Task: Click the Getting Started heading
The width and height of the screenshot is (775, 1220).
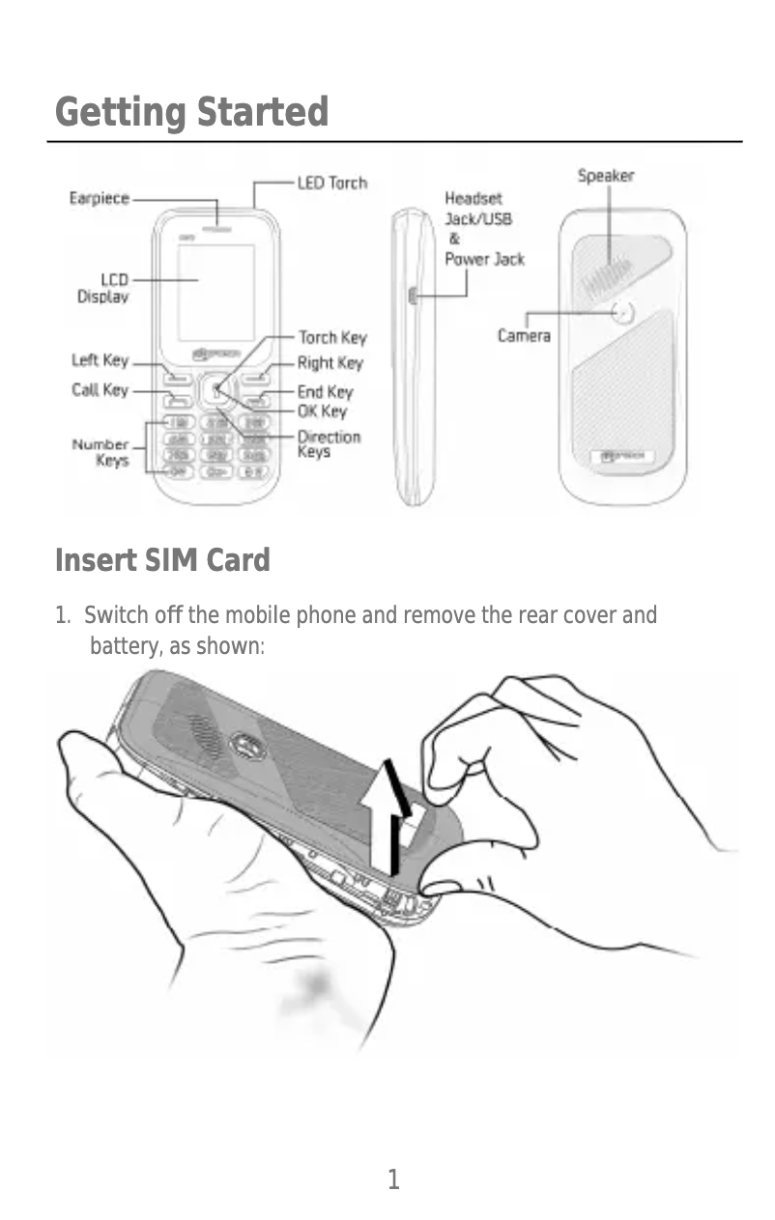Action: (x=191, y=112)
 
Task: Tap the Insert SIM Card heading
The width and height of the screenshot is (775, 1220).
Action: (x=162, y=560)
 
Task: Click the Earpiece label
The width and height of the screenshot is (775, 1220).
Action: (x=99, y=198)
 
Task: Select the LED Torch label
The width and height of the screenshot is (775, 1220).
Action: (x=331, y=183)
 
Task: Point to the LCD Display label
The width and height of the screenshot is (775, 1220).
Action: (x=102, y=288)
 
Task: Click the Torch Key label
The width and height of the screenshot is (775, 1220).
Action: (x=331, y=337)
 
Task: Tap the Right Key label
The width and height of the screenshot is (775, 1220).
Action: (x=330, y=363)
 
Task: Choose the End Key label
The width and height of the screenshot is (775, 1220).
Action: (x=325, y=392)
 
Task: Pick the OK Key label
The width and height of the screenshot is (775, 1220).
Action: (x=321, y=411)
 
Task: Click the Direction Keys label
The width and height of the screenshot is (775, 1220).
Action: (x=328, y=444)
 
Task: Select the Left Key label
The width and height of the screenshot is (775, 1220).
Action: (x=100, y=360)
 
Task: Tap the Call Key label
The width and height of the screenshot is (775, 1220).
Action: (x=100, y=390)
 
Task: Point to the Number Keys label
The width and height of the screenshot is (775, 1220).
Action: (x=101, y=452)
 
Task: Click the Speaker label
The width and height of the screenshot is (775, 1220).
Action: (x=606, y=176)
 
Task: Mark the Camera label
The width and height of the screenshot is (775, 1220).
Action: (x=524, y=336)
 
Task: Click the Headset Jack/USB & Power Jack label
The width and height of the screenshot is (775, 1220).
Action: (x=483, y=229)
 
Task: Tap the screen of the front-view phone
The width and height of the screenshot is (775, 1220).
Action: (x=215, y=292)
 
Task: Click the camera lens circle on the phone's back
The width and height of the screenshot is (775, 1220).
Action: (x=623, y=312)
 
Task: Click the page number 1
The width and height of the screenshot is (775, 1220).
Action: (x=393, y=1178)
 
